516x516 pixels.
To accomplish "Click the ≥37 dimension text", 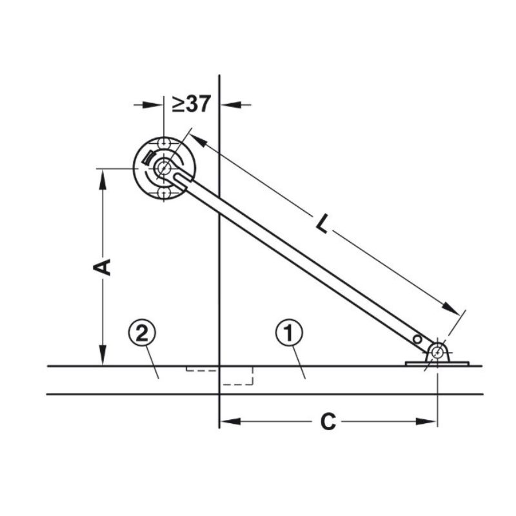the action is coord(191,104).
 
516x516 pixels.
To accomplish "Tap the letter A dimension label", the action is coord(102,267).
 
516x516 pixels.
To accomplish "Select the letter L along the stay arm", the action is coord(323,224).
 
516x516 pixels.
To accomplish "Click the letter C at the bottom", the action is coord(328,422).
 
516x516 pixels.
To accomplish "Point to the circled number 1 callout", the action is coord(289,333).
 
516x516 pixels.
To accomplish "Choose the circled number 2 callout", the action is coord(142,333).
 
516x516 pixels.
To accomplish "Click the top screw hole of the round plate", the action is coord(164,143).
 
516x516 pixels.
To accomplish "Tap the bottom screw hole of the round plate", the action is coord(164,193).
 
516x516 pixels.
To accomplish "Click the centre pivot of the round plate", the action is coord(164,168).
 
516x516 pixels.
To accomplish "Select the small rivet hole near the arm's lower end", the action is coord(417,339).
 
